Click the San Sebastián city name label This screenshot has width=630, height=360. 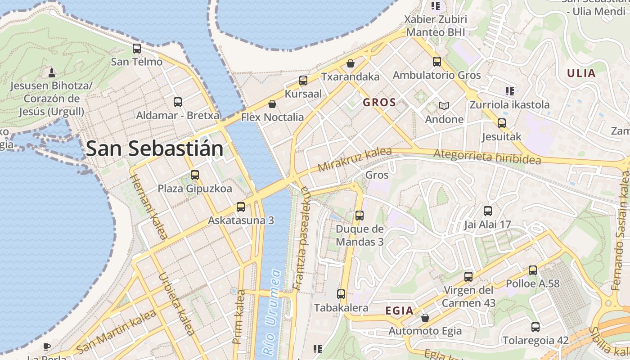pos(154,148)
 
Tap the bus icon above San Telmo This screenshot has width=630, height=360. pos(137,49)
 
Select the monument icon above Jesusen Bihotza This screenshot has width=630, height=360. pos(51,72)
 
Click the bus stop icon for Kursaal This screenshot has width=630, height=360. pos(303,81)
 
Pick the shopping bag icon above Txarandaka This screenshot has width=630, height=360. pos(351,63)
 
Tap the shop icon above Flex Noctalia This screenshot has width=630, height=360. pos(272,104)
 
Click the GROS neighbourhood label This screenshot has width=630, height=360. pos(379,103)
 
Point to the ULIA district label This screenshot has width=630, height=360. pos(581,73)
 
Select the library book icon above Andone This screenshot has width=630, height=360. pos(444,106)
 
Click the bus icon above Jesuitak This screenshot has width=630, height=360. pos(502,123)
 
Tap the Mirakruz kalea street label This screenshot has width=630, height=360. pos(355,160)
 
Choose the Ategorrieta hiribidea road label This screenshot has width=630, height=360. pos(487,157)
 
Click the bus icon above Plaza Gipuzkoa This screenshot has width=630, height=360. pos(195,175)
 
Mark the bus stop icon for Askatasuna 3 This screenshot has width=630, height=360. pos(241,207)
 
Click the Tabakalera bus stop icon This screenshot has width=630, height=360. pos(341,294)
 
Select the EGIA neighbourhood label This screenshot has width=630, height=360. pos(400,310)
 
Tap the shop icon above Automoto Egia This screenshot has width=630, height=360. pos(425,318)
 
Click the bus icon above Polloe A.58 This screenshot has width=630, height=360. pos(533,270)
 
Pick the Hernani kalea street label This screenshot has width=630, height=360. pos(149,207)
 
